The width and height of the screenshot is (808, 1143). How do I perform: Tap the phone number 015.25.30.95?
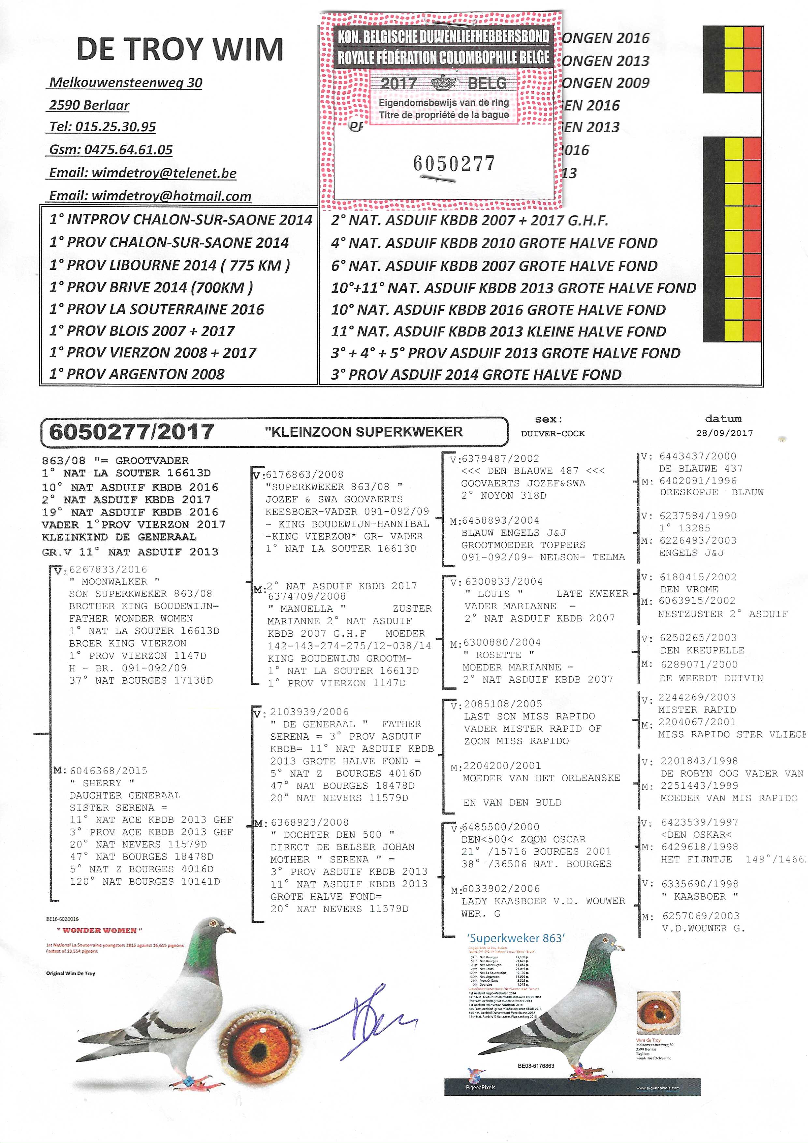116,127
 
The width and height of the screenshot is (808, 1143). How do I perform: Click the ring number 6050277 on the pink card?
454,163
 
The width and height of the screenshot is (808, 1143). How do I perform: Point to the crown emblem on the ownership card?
443,83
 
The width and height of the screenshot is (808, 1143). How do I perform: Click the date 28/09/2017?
724,433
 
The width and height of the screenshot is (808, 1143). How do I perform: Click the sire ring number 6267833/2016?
108,569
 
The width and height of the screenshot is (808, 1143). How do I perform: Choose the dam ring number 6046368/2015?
108,771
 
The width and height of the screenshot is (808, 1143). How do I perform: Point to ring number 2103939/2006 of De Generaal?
309,712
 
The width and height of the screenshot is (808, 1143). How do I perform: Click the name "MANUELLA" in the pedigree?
307,608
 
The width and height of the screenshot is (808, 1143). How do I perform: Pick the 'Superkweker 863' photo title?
515,938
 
